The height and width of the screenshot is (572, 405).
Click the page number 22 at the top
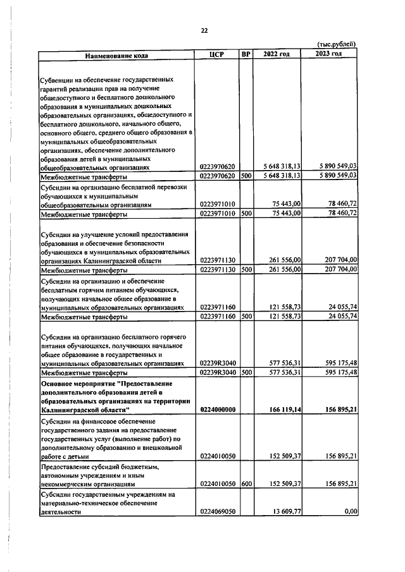(x=204, y=30)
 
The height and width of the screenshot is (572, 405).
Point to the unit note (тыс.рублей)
(x=336, y=44)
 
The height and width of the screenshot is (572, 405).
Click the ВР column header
(x=246, y=54)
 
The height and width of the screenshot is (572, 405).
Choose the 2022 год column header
(x=277, y=54)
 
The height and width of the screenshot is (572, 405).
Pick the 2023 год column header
(x=328, y=54)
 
